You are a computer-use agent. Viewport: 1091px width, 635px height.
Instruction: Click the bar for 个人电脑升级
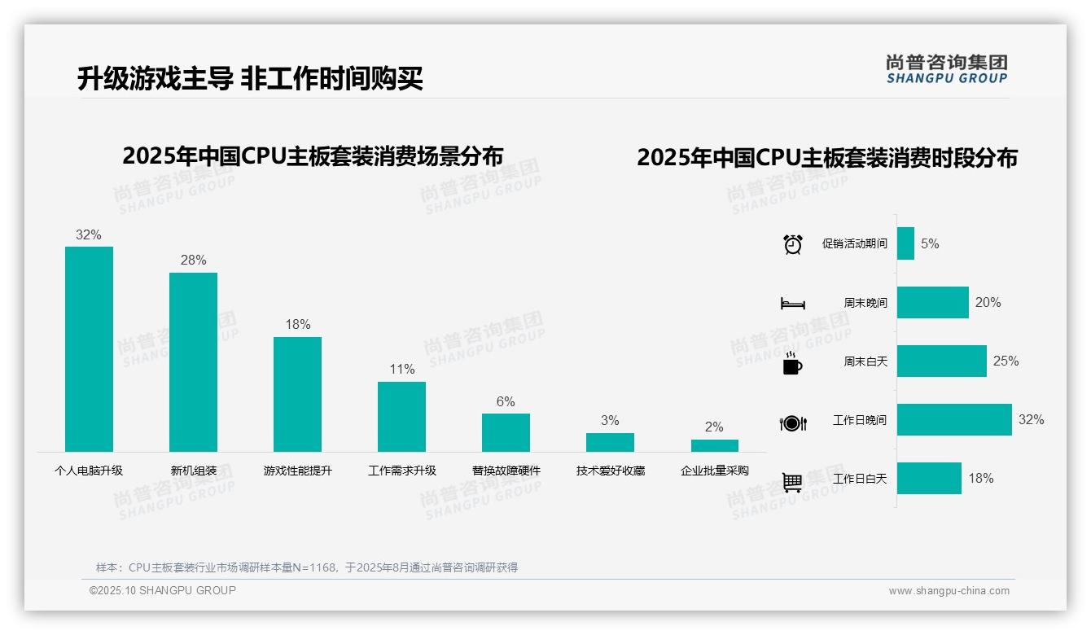[89, 349]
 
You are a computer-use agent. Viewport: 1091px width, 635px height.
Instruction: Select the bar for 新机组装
[193, 362]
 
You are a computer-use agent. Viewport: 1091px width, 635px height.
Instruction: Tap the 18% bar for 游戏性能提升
[297, 394]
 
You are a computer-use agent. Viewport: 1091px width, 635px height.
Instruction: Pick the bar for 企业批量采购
[714, 446]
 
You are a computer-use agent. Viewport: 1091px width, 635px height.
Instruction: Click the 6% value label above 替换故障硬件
[506, 401]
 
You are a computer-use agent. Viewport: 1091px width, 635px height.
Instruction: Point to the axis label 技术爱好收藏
[610, 471]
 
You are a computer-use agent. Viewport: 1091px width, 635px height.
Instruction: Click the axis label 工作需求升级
[401, 471]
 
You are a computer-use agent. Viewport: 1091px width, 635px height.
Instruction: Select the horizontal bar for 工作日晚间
[954, 419]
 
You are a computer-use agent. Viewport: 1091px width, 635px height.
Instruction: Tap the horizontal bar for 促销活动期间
[905, 243]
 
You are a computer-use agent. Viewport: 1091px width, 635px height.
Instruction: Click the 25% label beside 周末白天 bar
[1006, 361]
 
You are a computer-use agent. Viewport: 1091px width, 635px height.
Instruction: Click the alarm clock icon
[792, 244]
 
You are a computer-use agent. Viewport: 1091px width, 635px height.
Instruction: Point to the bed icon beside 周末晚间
[792, 303]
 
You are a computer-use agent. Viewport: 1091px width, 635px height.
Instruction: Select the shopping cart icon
[792, 482]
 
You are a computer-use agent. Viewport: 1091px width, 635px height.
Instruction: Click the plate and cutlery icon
[792, 423]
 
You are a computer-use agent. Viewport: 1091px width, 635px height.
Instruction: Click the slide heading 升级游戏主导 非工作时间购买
[250, 78]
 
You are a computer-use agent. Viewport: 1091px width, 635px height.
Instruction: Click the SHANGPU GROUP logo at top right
[946, 69]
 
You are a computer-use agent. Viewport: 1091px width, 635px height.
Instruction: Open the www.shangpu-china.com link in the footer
[949, 591]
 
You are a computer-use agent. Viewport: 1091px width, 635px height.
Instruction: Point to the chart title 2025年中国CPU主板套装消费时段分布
[827, 157]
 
